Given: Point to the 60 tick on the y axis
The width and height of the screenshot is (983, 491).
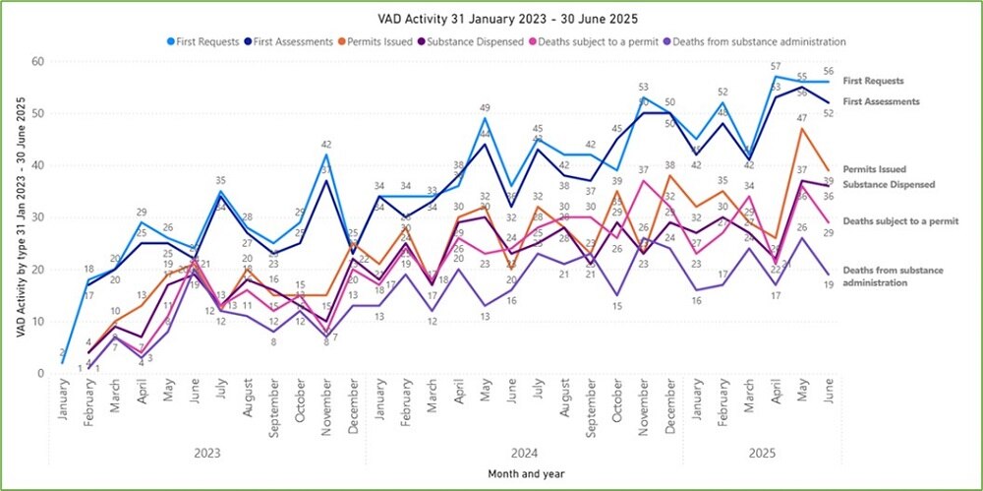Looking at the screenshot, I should [38, 61].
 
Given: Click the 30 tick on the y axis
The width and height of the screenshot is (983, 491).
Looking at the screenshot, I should [38, 217].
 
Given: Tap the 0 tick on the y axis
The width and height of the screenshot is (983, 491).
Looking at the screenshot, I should [41, 374].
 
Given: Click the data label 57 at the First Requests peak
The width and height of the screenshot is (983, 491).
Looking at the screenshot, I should [777, 67].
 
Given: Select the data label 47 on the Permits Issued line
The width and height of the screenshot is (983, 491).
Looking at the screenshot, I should [803, 119].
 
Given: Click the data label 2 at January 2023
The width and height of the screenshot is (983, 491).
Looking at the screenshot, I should [63, 352].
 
